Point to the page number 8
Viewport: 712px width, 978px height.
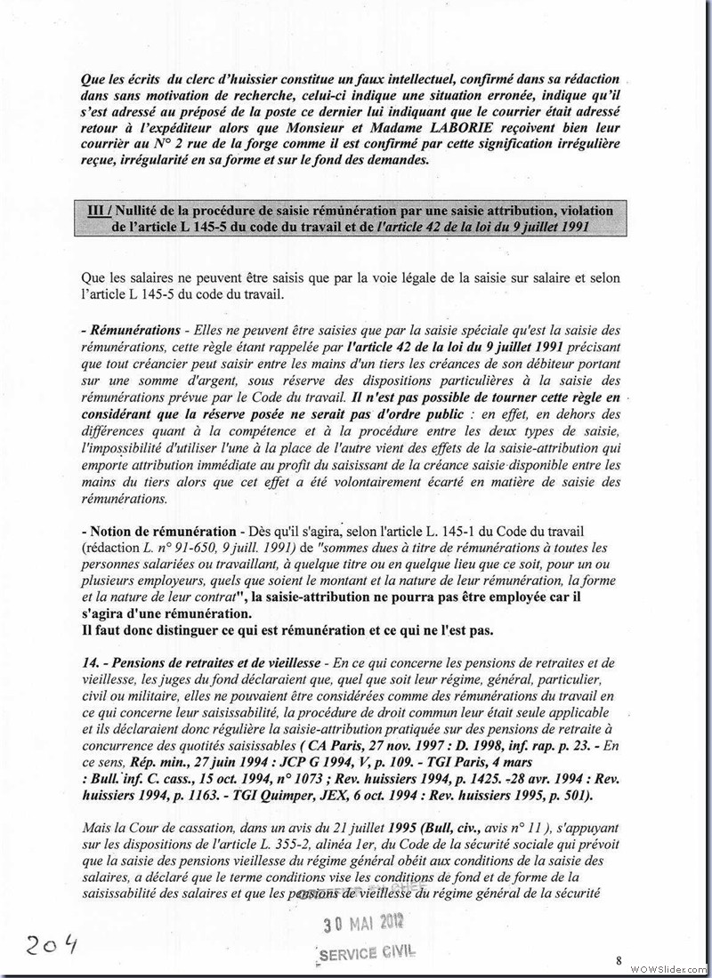click(x=618, y=960)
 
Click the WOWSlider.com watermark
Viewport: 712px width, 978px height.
click(x=668, y=966)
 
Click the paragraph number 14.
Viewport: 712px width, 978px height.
click(x=90, y=663)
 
